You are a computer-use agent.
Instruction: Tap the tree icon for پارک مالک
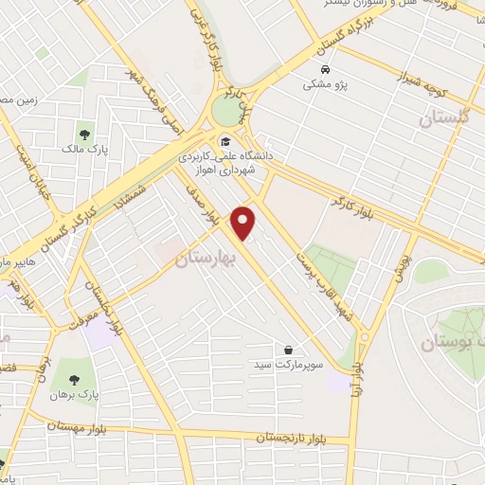coord(84,135)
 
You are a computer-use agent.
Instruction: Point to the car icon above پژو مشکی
coord(325,70)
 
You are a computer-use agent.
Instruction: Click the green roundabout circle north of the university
coord(227,111)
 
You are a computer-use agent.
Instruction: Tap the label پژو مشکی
coord(326,84)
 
